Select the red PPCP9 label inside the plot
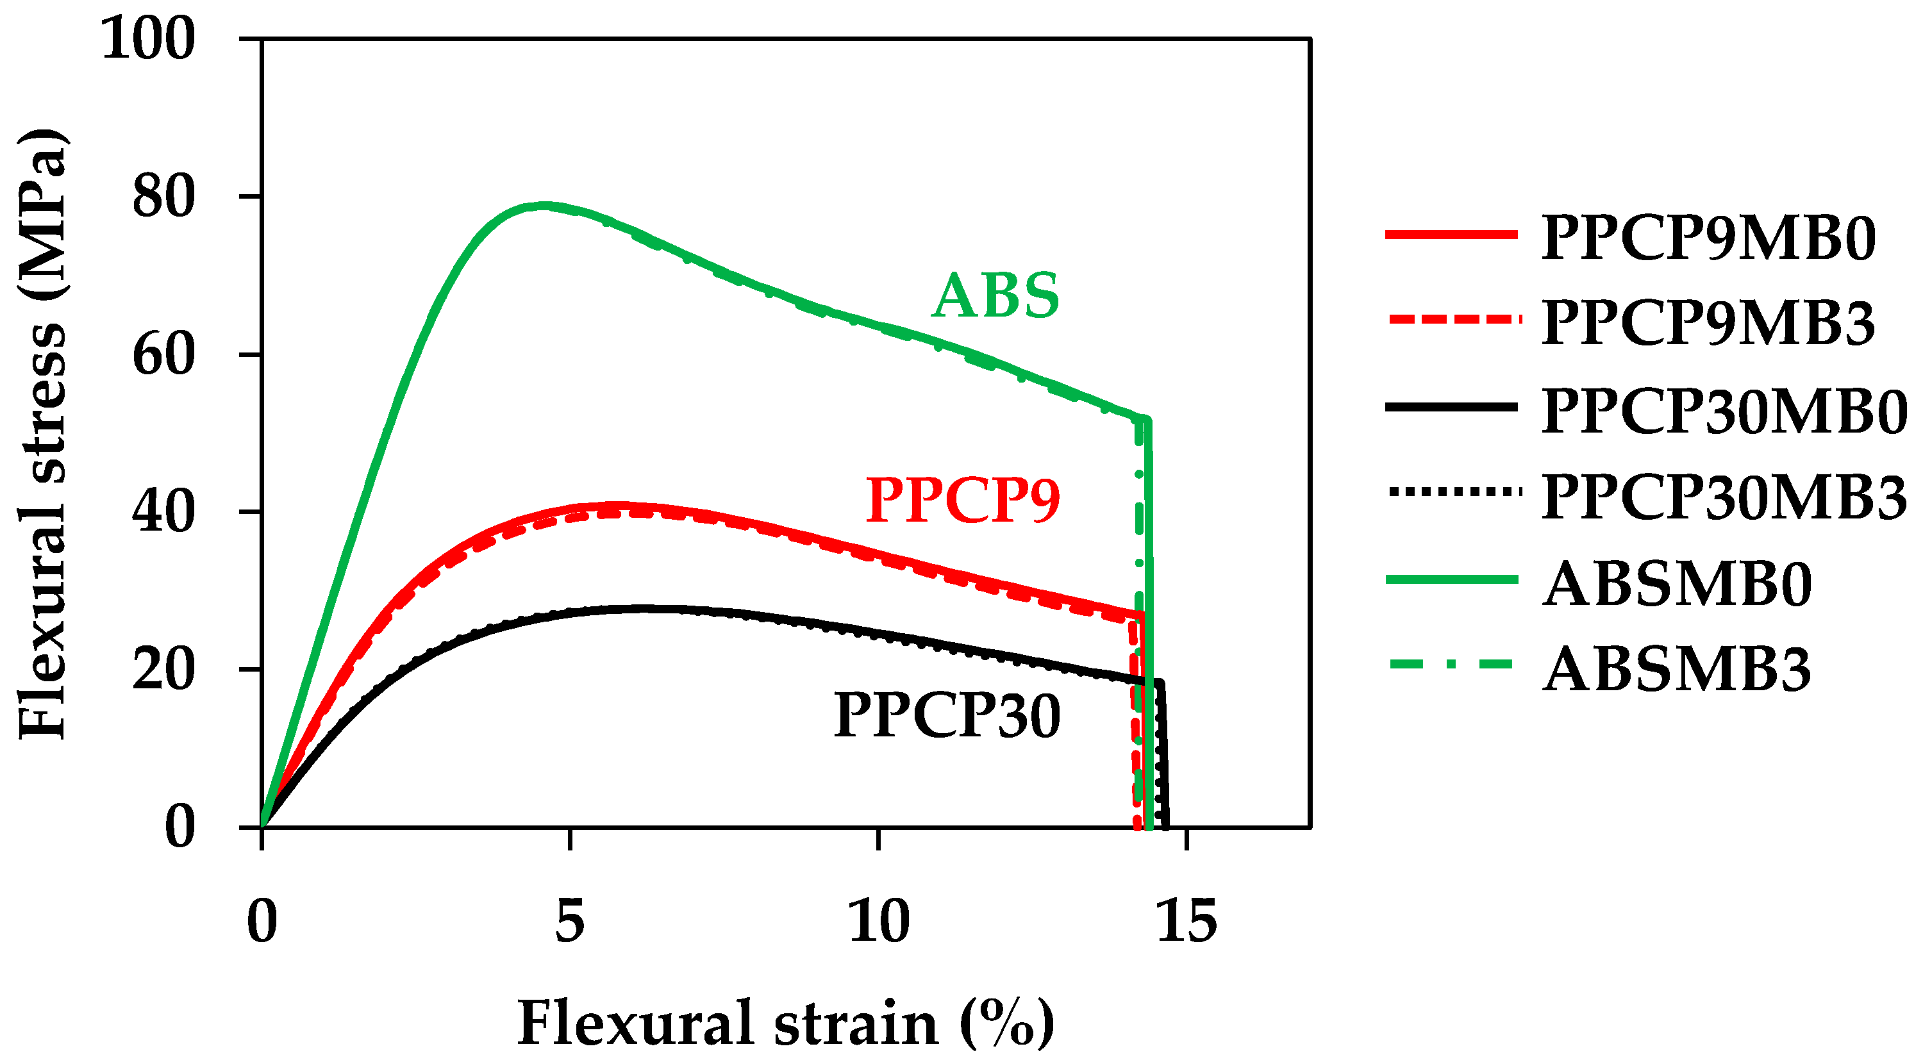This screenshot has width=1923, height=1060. pyautogui.click(x=963, y=500)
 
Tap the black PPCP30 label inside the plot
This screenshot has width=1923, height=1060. pyautogui.click(x=947, y=716)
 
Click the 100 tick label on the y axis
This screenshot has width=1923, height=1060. pyautogui.click(x=148, y=39)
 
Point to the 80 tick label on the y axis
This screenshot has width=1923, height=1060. pyautogui.click(x=163, y=197)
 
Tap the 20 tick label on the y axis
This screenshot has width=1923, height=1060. pyautogui.click(x=163, y=670)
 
